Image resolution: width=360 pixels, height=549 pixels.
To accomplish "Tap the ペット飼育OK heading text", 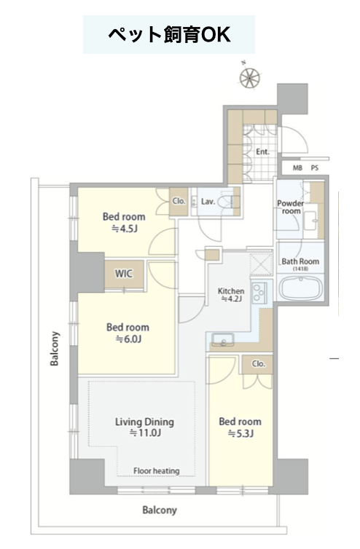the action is pyautogui.click(x=169, y=35).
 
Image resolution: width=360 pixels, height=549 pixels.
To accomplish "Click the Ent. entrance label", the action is pyautogui.click(x=262, y=151).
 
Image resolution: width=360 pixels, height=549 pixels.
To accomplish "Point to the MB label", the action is pyautogui.click(x=297, y=168).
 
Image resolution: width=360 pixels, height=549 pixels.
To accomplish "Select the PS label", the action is pyautogui.click(x=315, y=168).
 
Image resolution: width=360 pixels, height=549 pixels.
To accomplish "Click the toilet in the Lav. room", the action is pyautogui.click(x=229, y=202).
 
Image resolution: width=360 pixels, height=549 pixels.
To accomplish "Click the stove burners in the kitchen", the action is pyautogui.click(x=259, y=293).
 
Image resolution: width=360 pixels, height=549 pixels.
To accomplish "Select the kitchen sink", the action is pyautogui.click(x=223, y=339).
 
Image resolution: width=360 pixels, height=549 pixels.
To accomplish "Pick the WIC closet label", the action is pyautogui.click(x=124, y=274).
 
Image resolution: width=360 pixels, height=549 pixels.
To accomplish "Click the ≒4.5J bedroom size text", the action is pyautogui.click(x=125, y=229).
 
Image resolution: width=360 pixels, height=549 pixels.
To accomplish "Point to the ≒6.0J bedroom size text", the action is pyautogui.click(x=128, y=339).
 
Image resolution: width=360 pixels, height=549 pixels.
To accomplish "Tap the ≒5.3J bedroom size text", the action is pyautogui.click(x=240, y=433).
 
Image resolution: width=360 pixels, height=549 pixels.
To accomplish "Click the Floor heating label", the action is pyautogui.click(x=157, y=471).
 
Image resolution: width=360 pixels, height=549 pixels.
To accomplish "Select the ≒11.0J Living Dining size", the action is pyautogui.click(x=145, y=433).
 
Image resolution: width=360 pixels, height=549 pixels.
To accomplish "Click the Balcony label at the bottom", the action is pyautogui.click(x=160, y=510).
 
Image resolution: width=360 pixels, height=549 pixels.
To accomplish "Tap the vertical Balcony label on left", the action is pyautogui.click(x=55, y=348).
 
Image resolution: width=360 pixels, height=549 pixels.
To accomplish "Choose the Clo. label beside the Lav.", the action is pyautogui.click(x=179, y=201).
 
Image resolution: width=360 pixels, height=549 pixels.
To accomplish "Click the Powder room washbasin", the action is pyautogui.click(x=310, y=221).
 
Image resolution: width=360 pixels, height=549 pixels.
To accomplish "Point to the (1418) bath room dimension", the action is pyautogui.click(x=300, y=269).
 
